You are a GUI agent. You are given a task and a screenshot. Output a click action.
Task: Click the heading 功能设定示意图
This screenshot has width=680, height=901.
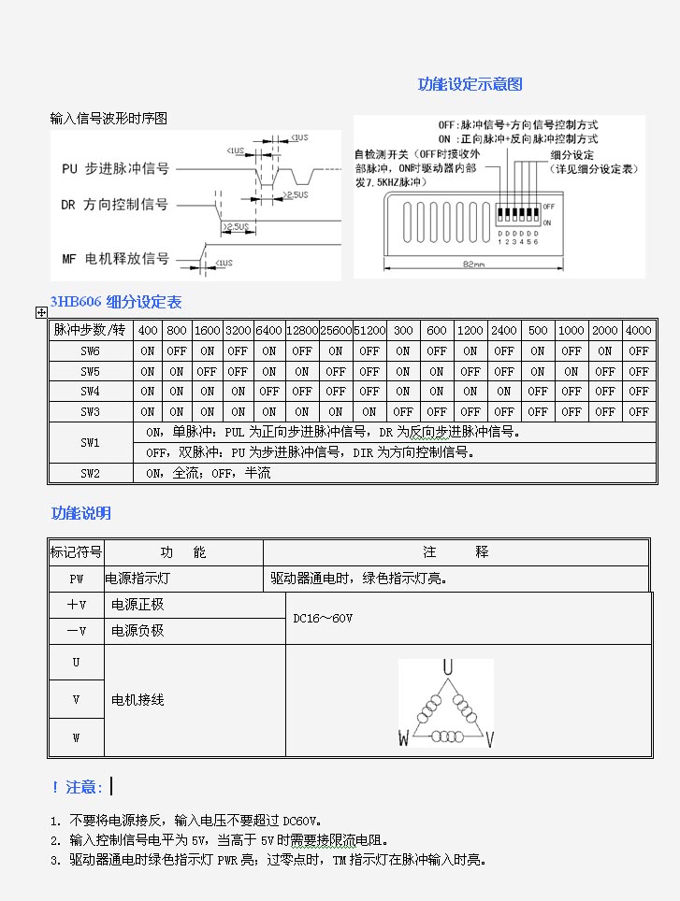tap(470, 84)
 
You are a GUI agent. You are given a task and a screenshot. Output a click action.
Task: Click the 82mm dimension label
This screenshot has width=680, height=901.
tap(473, 265)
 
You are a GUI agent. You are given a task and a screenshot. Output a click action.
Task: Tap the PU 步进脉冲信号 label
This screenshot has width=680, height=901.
tap(115, 169)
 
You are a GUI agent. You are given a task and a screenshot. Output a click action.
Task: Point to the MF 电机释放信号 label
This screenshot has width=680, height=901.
tap(115, 259)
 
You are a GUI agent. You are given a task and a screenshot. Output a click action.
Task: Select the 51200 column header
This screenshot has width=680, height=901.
tap(369, 331)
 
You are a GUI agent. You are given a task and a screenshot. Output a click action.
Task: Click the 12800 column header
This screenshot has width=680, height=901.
tap(301, 331)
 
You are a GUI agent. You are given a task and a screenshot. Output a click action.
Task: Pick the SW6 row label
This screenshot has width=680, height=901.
tap(90, 351)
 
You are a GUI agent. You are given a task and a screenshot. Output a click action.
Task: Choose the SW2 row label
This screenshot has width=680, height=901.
tap(90, 474)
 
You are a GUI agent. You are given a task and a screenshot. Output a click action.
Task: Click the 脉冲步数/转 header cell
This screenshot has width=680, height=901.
tap(90, 331)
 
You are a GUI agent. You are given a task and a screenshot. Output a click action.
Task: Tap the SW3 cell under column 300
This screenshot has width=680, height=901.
tap(403, 411)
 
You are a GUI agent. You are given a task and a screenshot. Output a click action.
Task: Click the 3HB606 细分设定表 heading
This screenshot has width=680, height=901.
tap(116, 302)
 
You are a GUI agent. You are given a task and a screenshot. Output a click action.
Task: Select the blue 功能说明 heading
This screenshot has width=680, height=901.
tap(81, 513)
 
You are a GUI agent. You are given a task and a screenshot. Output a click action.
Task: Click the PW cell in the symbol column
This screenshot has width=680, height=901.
tap(76, 579)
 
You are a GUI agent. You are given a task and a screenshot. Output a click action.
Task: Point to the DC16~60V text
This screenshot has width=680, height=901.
tap(323, 618)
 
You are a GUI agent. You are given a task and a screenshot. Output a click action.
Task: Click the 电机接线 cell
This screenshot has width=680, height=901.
tap(137, 699)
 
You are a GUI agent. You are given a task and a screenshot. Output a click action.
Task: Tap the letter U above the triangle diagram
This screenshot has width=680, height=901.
tap(448, 666)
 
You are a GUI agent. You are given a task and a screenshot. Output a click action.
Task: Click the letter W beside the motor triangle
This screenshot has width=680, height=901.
tap(403, 739)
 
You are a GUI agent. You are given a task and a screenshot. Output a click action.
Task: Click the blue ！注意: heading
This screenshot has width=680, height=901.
tap(77, 788)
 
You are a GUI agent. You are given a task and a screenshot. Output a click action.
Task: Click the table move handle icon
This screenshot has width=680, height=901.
tap(41, 313)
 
